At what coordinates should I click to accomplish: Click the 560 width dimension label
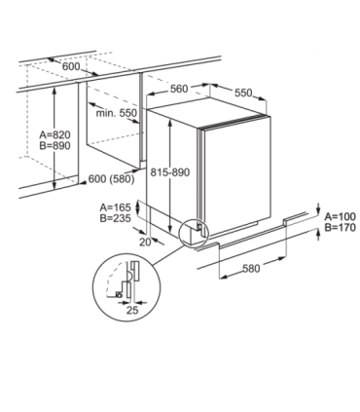tap(179, 89)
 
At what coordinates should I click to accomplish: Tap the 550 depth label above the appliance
tap(243, 93)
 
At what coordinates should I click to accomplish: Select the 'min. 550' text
tap(117, 113)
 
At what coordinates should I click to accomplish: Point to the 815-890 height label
tap(170, 172)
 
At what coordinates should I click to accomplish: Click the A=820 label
tap(54, 134)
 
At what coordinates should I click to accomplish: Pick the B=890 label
tap(54, 146)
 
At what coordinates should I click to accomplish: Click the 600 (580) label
tap(111, 179)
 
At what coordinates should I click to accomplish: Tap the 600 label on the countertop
tap(71, 66)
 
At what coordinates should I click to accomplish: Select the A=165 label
tap(116, 207)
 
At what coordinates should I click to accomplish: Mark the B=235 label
tap(116, 218)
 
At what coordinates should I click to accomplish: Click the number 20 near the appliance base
tap(145, 243)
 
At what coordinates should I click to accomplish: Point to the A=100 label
tap(341, 216)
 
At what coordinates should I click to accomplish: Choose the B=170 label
tap(341, 228)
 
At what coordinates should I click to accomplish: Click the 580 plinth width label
tap(251, 269)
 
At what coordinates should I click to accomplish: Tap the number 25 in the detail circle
tap(132, 311)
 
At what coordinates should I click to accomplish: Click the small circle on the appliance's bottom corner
tap(195, 233)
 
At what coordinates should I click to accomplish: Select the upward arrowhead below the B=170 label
tap(318, 232)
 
